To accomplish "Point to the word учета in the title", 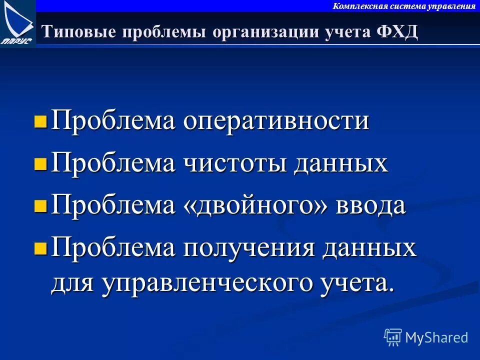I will point(344,32).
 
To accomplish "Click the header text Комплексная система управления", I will point(404,6).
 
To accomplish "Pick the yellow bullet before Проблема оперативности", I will point(41,122).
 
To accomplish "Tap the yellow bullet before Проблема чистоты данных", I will point(41,163).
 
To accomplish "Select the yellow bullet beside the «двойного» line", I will point(41,205).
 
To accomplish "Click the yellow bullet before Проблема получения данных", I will point(41,247).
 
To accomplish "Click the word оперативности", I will point(276,122).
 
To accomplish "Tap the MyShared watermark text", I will point(436,337).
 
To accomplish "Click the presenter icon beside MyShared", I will point(393,337).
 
